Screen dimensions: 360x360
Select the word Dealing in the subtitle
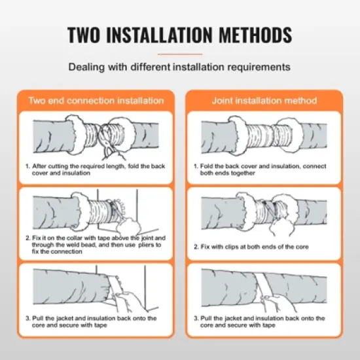coord(84,67)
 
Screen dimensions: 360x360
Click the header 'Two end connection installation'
coord(96,101)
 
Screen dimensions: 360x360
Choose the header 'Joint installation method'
coord(264,101)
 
